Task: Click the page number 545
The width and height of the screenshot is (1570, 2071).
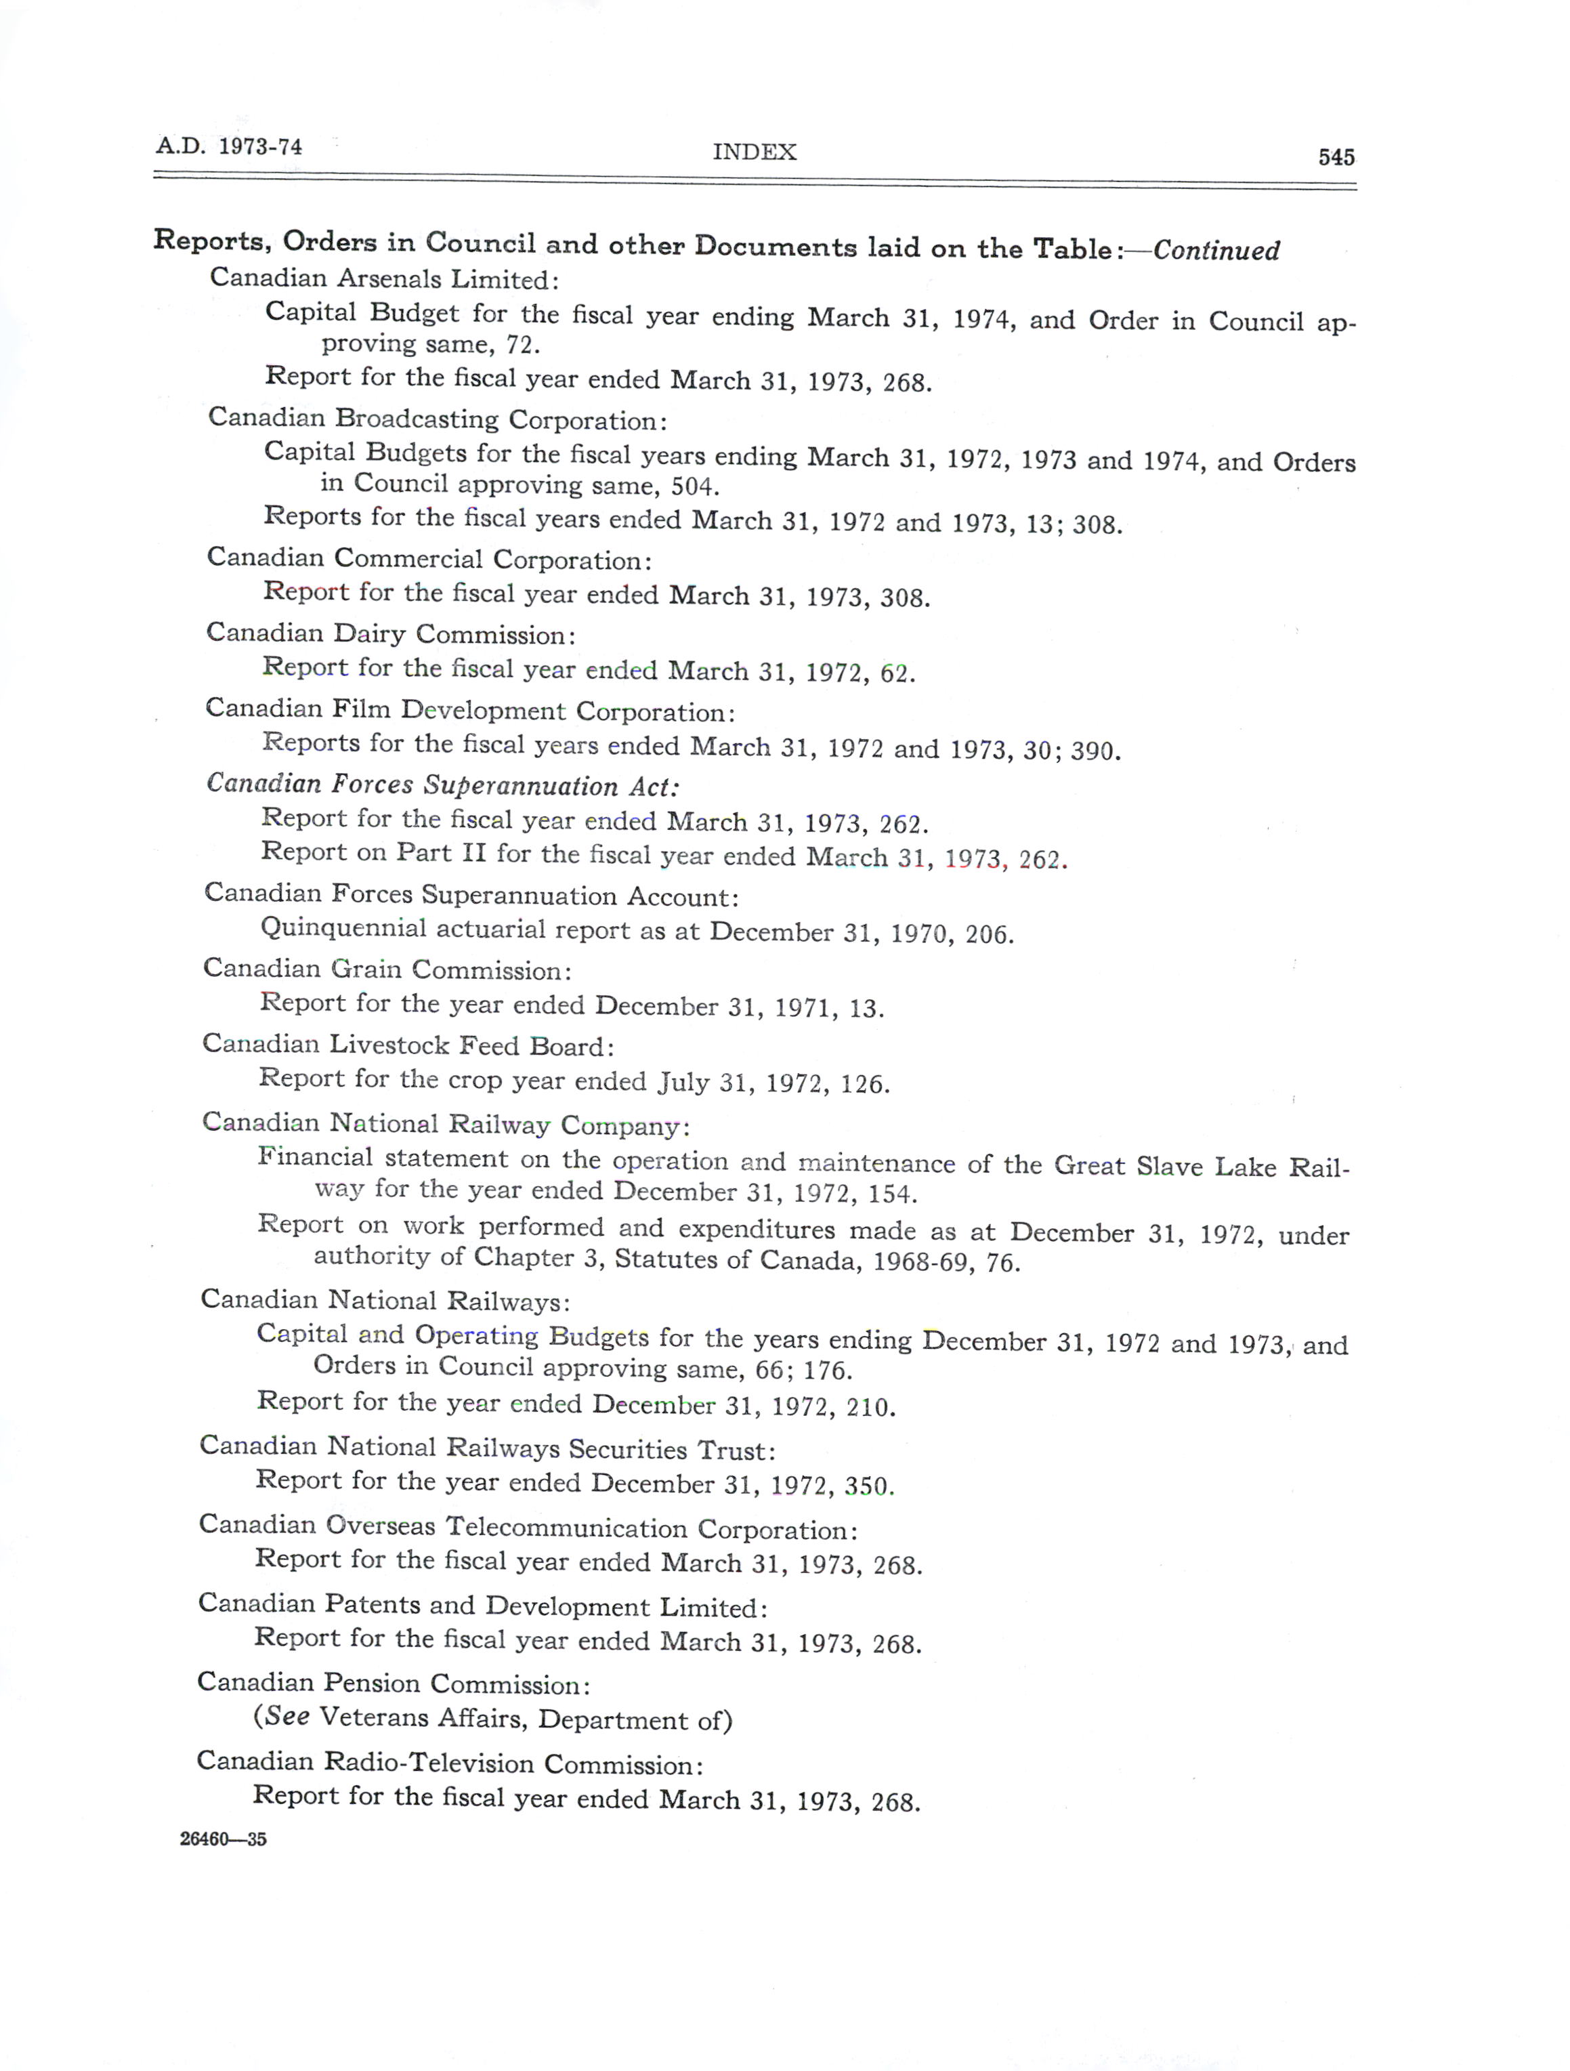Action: (x=1336, y=157)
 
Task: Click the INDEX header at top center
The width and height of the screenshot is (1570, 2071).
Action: (x=755, y=152)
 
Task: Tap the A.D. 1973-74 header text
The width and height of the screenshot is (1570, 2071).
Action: (x=230, y=147)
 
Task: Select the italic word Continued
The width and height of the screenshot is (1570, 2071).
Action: (x=1216, y=251)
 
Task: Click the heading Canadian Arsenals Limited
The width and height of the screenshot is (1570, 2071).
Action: (x=384, y=279)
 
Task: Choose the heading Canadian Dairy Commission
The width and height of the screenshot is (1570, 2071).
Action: (x=390, y=635)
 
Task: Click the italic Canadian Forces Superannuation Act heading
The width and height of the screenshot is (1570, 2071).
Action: (x=443, y=786)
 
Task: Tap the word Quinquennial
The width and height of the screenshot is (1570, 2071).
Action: (x=343, y=929)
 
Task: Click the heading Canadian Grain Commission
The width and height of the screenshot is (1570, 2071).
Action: (x=387, y=969)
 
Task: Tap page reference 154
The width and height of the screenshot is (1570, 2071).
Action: (x=891, y=1194)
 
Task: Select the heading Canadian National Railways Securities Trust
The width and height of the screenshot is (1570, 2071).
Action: (x=488, y=1448)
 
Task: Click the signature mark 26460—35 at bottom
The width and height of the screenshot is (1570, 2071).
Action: (x=223, y=1839)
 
